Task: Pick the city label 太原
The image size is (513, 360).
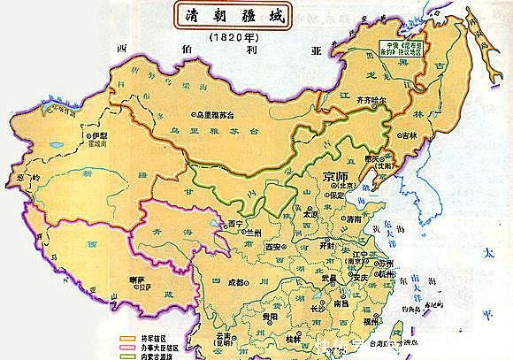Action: [x=308, y=213]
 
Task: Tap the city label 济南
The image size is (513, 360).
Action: [x=354, y=218]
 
